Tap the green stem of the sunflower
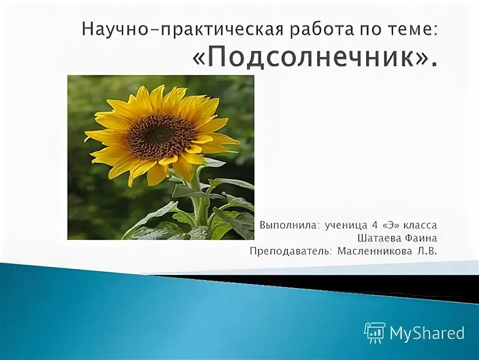pyautogui.click(x=200, y=202)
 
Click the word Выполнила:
pyautogui.click(x=287, y=226)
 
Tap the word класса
pyautogui.click(x=420, y=226)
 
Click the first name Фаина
pyautogui.click(x=422, y=238)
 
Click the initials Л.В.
pyautogui.click(x=427, y=251)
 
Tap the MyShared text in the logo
pyautogui.click(x=427, y=333)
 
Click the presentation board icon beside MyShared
pyautogui.click(x=375, y=332)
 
